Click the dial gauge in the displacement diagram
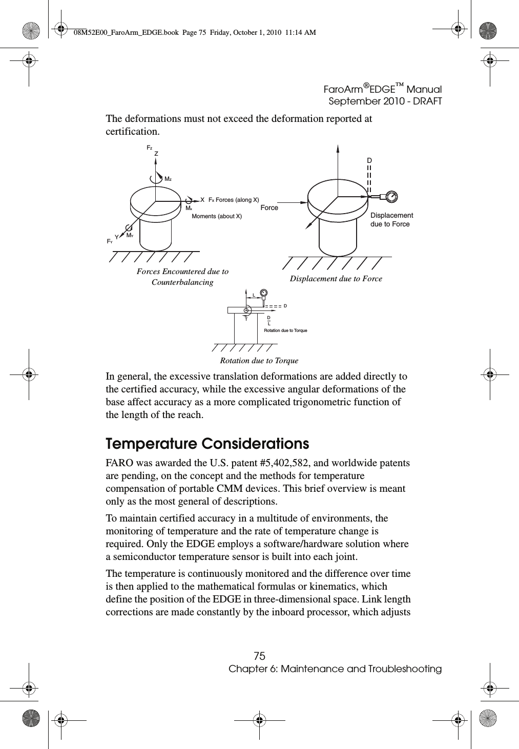coord(391,196)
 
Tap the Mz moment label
coord(168,179)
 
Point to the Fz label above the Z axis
coord(150,148)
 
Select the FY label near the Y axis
coord(109,241)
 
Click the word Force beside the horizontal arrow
coord(269,207)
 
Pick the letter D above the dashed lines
coord(369,160)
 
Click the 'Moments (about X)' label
coord(217,217)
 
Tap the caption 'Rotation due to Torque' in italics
coord(259,361)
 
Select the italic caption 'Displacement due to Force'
coord(336,279)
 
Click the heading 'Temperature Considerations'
coord(207,443)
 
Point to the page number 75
coord(260,656)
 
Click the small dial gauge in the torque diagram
coord(264,293)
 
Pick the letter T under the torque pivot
coord(246,319)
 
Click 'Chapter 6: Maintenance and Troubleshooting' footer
coord(335,669)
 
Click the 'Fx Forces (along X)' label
coord(234,200)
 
